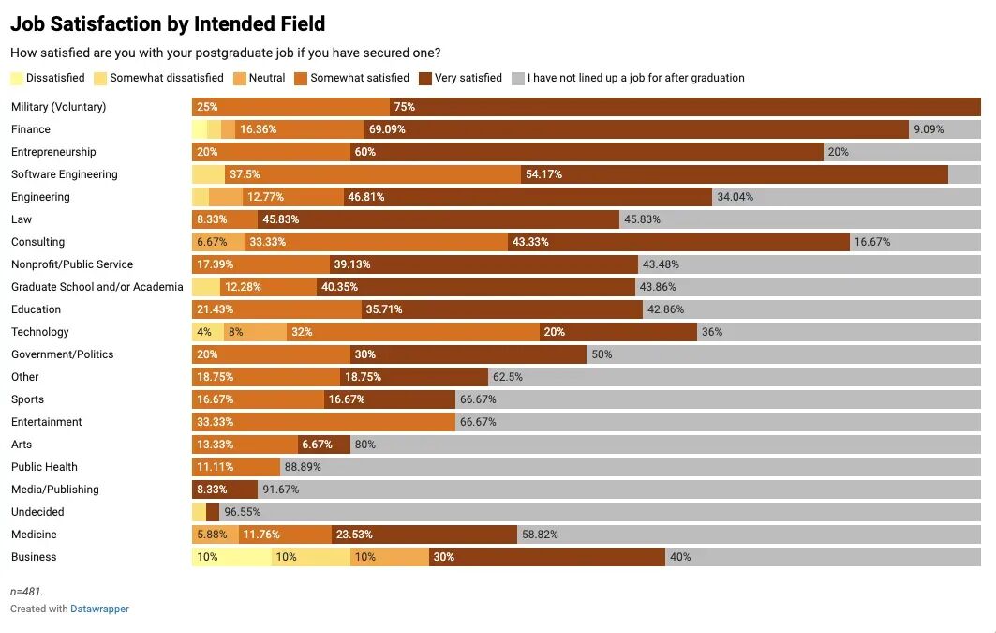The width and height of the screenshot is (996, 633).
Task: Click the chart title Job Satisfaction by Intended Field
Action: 168,24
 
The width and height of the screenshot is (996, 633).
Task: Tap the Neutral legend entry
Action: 266,78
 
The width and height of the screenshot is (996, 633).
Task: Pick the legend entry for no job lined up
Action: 635,78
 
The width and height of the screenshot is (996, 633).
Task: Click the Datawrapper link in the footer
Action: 99,609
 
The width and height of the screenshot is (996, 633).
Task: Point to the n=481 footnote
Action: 27,592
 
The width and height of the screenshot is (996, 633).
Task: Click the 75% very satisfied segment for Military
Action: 684,107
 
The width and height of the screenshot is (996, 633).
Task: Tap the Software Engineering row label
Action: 65,174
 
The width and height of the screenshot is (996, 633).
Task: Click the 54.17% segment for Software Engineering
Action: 734,174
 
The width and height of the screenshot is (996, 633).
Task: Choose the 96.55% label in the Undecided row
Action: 242,512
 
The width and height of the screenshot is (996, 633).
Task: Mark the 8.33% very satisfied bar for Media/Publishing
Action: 225,490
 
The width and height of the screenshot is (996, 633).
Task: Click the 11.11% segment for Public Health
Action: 236,467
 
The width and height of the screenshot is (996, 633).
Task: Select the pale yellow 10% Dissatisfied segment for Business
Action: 231,557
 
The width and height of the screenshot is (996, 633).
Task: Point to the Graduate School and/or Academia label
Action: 97,287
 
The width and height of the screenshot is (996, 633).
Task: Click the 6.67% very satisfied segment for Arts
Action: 324,445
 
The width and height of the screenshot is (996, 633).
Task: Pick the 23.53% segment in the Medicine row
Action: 424,535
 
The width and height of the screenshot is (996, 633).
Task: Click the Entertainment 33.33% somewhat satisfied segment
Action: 323,422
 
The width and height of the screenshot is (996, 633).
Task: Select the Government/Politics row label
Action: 63,354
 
